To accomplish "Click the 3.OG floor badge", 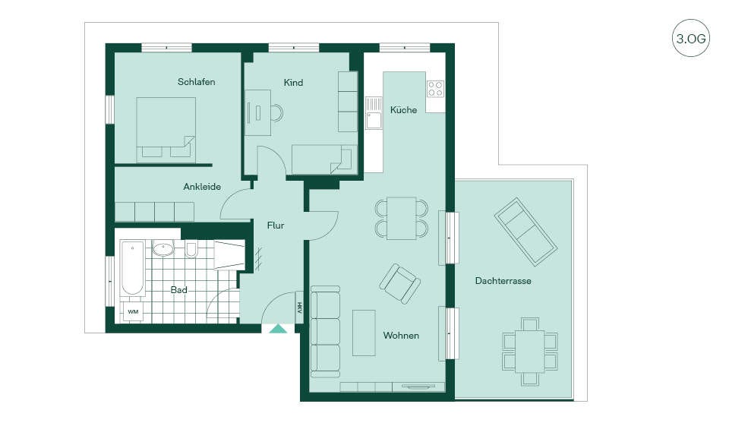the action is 691,38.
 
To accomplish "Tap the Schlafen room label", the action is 196,82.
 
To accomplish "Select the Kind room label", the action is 293,82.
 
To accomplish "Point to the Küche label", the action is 403,110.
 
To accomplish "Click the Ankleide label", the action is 202,187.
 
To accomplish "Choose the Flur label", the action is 275,225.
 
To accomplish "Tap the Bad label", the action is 178,290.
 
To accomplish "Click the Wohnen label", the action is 401,336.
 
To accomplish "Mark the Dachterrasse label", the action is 503,281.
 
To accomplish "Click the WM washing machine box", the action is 133,311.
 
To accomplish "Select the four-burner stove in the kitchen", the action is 435,89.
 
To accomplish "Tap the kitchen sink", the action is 373,112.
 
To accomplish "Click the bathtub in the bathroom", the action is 132,268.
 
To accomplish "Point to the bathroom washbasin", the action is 163,249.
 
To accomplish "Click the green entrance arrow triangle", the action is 279,329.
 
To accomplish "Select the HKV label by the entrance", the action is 300,307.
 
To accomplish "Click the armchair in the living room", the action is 400,283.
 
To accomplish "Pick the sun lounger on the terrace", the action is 525,232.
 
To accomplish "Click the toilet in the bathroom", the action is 191,250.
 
